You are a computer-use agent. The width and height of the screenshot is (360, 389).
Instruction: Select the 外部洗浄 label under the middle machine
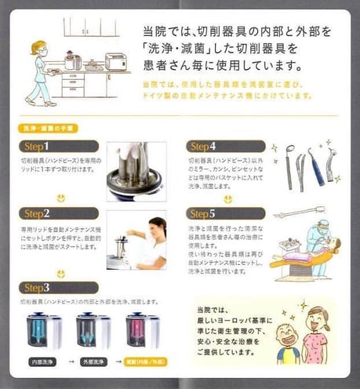click(93, 363)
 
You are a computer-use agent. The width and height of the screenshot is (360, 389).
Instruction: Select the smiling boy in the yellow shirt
click(287, 342)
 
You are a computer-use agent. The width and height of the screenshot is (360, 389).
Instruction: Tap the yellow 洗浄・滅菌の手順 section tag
click(46, 127)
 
